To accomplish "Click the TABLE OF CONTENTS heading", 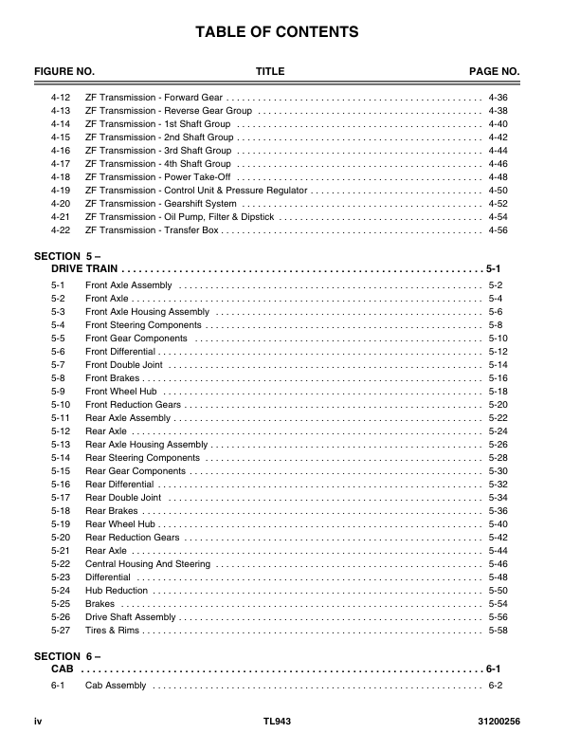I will pyautogui.click(x=277, y=33).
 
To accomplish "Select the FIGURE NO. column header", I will pyautogui.click(x=64, y=72).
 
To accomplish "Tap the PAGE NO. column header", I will pyautogui.click(x=495, y=72).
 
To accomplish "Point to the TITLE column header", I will pyautogui.click(x=270, y=72).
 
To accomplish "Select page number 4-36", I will pyautogui.click(x=498, y=98).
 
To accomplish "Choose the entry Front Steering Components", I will pyautogui.click(x=143, y=325).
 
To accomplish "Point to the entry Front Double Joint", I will pyautogui.click(x=123, y=365).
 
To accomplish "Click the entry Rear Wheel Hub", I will pyautogui.click(x=119, y=524).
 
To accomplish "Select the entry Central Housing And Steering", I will pyautogui.click(x=148, y=564).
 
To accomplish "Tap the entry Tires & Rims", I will pyautogui.click(x=112, y=631).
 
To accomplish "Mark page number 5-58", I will pyautogui.click(x=498, y=631).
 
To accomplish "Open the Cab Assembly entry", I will pyautogui.click(x=116, y=686).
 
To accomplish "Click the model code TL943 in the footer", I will pyautogui.click(x=277, y=722).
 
